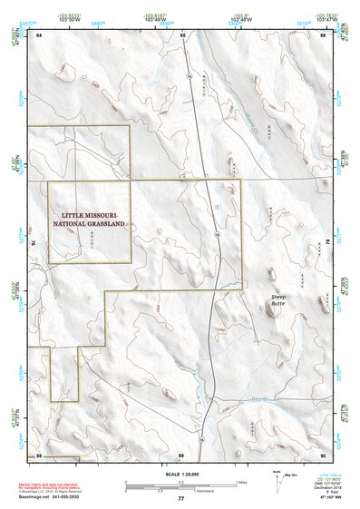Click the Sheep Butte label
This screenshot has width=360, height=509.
point(279,301)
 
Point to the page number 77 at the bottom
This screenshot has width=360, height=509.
point(180,499)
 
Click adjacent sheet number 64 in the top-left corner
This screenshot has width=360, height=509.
point(39,35)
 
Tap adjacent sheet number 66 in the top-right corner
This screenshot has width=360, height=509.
point(322,35)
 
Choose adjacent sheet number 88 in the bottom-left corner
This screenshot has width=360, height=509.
point(39,453)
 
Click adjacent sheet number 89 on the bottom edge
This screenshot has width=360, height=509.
point(181,453)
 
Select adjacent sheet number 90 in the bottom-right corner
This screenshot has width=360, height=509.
point(322,453)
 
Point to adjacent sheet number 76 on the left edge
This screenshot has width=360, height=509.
point(34,243)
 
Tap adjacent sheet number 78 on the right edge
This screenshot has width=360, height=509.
point(328,243)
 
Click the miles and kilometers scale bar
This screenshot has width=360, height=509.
point(180,485)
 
